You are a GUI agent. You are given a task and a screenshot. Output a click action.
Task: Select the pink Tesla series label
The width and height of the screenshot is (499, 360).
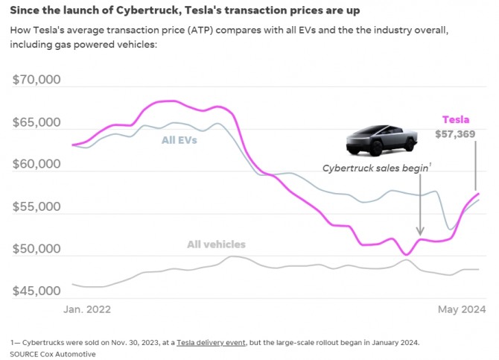tap(456, 119)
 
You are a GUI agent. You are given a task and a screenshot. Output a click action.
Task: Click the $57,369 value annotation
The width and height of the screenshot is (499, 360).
tap(457, 134)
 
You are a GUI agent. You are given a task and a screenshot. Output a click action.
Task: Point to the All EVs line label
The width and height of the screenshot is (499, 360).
tap(179, 139)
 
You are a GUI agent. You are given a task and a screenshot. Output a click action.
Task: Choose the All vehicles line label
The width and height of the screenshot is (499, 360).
tap(216, 244)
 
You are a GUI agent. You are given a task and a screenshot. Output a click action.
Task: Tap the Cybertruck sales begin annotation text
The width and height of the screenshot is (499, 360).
tap(375, 168)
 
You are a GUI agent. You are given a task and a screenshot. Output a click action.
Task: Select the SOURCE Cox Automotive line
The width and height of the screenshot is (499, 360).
tap(53, 354)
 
